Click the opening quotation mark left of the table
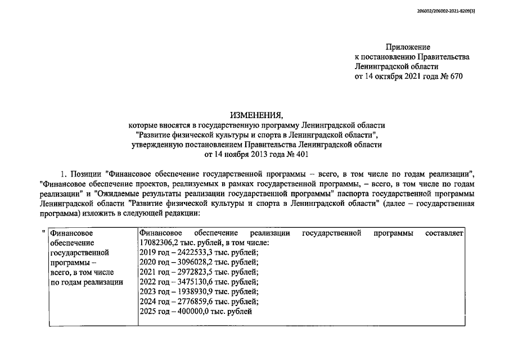[x=43, y=232]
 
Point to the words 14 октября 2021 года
[x=399, y=76]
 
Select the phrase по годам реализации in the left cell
[x=86, y=282]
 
